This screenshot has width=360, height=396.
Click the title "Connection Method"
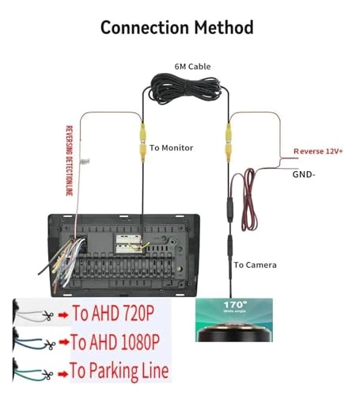176,27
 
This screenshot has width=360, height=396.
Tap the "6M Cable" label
193,67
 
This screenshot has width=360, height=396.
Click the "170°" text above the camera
233,304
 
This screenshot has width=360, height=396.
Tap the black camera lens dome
234,333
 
